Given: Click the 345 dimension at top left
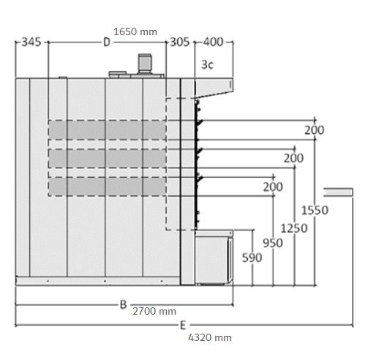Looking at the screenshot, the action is tap(31, 42).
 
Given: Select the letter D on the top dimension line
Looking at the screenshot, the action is tap(107, 42).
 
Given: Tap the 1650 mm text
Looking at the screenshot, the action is tap(135, 31).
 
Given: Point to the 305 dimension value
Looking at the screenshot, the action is tap(180, 42).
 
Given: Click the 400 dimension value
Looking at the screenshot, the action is tap(214, 42).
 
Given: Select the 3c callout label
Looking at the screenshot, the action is tap(207, 65).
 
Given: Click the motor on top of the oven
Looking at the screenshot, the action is tap(145, 64).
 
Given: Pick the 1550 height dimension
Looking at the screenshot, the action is tap(315, 210).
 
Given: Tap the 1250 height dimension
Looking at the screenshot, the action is tap(294, 228).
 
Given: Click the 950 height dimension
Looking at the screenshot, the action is tap(273, 243).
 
